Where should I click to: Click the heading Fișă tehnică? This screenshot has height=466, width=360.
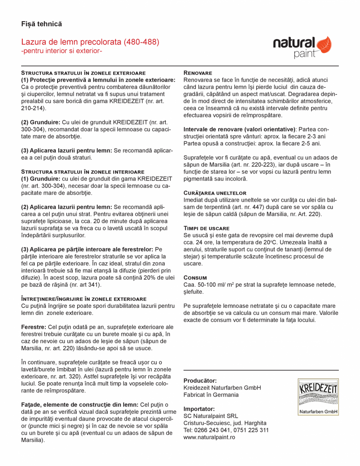[x=42, y=24]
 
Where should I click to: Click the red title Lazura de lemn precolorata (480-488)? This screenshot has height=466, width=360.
[x=90, y=42]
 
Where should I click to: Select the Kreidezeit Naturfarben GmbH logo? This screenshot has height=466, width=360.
[x=318, y=397]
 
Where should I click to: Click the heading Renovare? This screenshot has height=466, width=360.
[x=198, y=73]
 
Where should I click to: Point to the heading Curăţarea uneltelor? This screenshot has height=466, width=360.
[x=215, y=193]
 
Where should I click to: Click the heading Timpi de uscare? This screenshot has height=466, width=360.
[x=206, y=228]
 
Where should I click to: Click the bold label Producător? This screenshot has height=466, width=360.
[x=200, y=380]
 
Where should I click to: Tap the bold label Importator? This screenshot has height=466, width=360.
[x=199, y=408]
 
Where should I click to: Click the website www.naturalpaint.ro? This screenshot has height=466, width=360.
[x=209, y=437]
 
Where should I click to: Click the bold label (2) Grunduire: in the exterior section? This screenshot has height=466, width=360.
[x=41, y=122]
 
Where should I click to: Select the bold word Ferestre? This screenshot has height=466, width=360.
[x=34, y=327]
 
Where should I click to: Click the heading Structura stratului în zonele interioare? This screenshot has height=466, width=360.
[x=83, y=172]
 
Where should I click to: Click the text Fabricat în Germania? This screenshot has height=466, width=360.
[x=211, y=395]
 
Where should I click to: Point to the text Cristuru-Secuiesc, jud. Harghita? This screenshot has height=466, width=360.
[x=225, y=423]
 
